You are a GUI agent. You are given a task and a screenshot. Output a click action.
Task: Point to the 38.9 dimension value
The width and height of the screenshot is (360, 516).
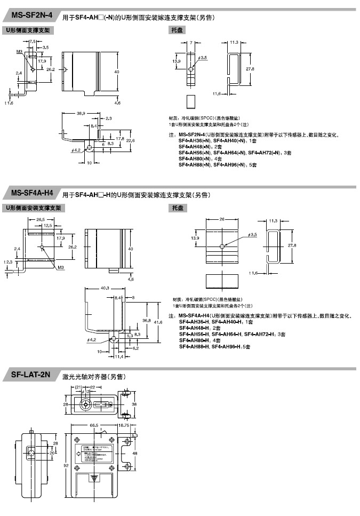(x=81, y=114)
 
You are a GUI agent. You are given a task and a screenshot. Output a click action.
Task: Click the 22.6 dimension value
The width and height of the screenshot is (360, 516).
(x=130, y=140)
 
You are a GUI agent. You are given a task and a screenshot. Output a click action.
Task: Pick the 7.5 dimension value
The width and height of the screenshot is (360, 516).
(x=33, y=41)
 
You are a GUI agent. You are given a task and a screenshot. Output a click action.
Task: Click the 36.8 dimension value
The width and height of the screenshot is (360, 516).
(x=145, y=321)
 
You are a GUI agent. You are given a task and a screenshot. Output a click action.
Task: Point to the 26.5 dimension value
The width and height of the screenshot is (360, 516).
(x=40, y=219)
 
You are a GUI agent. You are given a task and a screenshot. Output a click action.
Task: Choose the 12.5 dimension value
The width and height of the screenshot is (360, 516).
(x=48, y=226)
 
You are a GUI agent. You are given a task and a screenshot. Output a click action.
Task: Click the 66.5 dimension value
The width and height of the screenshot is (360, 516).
(x=93, y=426)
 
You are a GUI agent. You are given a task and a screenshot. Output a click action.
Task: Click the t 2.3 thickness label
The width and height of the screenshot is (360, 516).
(x=8, y=262)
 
